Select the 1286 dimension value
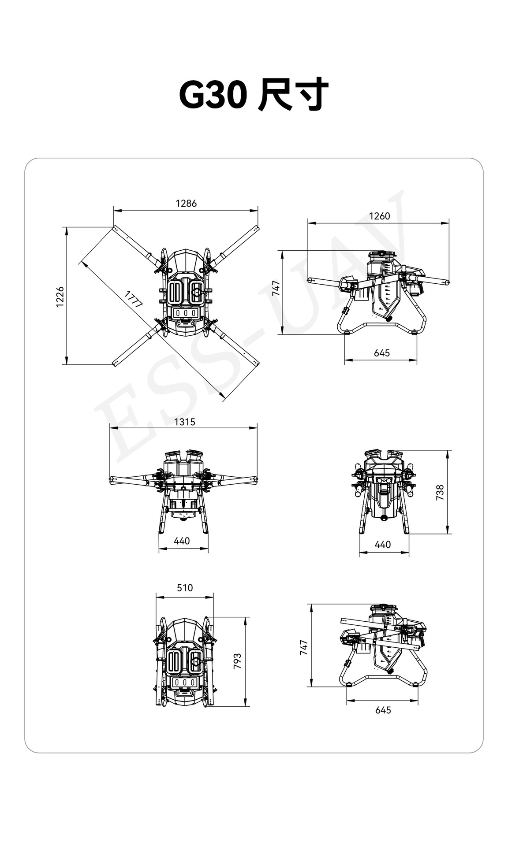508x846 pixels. pyautogui.click(x=186, y=203)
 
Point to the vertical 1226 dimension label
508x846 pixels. pyautogui.click(x=60, y=297)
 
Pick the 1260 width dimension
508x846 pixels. pyautogui.click(x=379, y=216)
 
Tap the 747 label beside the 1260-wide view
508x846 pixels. pyautogui.click(x=276, y=288)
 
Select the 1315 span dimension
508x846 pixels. pyautogui.click(x=184, y=422)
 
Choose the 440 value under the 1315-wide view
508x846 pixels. pyautogui.click(x=182, y=541)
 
